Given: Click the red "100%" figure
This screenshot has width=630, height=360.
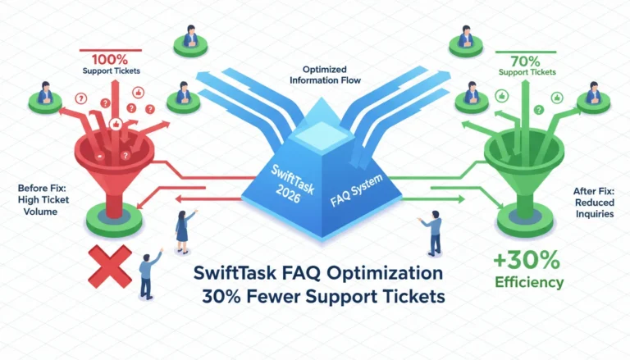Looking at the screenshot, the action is (110, 60).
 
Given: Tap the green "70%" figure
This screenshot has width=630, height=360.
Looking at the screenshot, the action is (525, 62).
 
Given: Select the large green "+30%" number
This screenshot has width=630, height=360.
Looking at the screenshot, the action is (527, 260).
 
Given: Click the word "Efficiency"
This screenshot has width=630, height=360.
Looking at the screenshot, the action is (529, 282).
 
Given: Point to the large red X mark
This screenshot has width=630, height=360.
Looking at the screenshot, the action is (110, 267).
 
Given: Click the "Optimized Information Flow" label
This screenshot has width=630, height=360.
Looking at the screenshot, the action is (325, 75).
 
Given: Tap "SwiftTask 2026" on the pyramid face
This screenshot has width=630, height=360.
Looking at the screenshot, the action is (291, 184).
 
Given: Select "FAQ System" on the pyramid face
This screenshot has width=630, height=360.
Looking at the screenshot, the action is (356, 190).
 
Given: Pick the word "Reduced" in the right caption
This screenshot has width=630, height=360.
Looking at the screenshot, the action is (595, 202).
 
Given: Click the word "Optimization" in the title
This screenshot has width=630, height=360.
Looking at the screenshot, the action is (385, 273).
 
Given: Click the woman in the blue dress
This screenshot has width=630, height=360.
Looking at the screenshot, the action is (183, 232).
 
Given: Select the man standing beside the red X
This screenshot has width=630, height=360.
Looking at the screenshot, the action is (148, 274).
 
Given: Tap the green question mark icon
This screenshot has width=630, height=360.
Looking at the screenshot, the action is (539, 110).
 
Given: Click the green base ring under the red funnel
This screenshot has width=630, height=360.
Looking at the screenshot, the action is (114, 220).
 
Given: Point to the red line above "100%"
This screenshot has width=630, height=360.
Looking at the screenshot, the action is (111, 51).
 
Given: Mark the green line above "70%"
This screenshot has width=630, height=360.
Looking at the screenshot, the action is (526, 52).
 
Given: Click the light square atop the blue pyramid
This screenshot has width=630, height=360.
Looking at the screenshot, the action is (322, 135).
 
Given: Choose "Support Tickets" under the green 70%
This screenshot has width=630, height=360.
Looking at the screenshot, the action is (527, 72).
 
